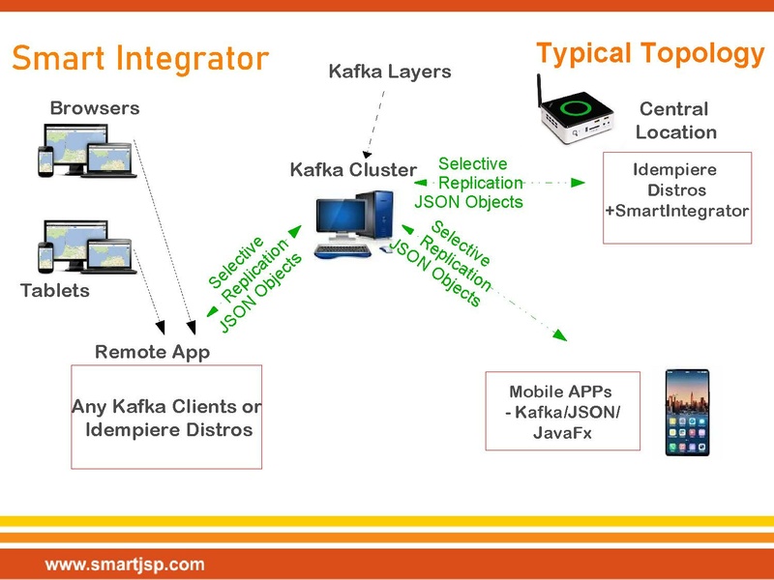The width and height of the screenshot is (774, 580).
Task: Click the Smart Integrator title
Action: coord(140,59)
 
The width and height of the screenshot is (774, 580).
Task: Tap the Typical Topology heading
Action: coord(650,53)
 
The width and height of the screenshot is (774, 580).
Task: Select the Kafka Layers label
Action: coord(390,72)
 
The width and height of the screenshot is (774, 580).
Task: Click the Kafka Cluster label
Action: coord(354,170)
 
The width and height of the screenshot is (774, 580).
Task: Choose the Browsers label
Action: coord(95,108)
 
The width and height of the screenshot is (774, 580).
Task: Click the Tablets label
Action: coord(55,290)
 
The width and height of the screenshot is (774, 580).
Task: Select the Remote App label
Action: coord(152,352)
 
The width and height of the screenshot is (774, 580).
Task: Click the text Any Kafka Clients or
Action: coord(166,407)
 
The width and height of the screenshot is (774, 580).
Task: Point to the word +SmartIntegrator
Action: coord(677,210)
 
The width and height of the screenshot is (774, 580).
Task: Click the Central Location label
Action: coord(675,121)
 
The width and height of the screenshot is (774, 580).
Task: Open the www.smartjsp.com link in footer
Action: coord(125,563)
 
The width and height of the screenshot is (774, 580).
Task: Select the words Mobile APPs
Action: coord(561,392)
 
